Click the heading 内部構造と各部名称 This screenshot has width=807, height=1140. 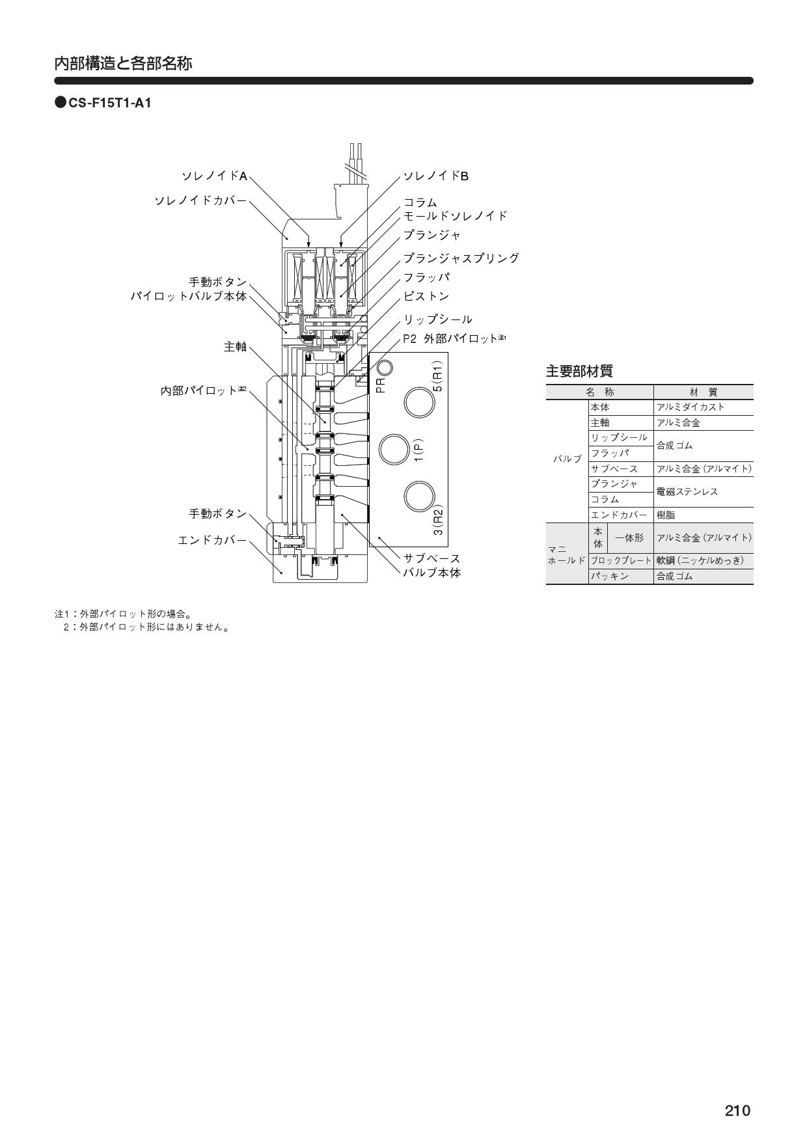[x=123, y=64]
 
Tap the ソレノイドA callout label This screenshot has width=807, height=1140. [x=214, y=176]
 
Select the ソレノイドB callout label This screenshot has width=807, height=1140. [x=436, y=176]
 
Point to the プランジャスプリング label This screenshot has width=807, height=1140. [x=461, y=258]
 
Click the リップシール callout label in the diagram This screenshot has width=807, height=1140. [x=438, y=319]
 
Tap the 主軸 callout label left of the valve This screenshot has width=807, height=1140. [x=236, y=347]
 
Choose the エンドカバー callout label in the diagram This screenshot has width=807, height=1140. [x=213, y=540]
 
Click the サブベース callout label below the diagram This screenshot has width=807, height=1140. [x=432, y=558]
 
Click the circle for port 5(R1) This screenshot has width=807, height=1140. [x=419, y=403]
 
